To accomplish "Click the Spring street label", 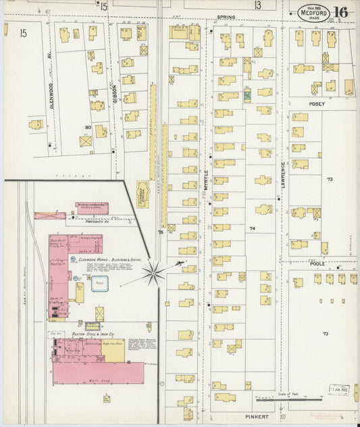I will [225, 18].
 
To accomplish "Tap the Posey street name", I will [317, 104].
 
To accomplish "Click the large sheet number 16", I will [340, 12].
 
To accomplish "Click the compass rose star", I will [155, 272].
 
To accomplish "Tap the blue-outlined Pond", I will [100, 284].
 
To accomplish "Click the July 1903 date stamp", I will [339, 389].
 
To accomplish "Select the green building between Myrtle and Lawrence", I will [247, 95].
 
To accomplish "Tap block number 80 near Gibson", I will [87, 127].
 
